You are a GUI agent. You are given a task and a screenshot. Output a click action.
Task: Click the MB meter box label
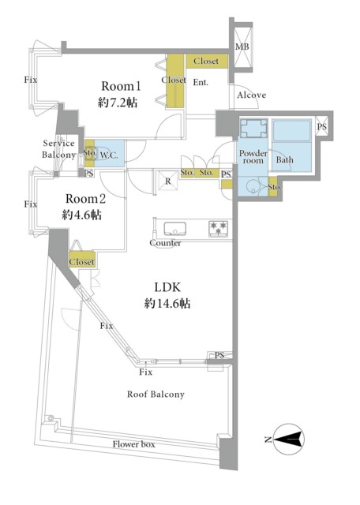242,47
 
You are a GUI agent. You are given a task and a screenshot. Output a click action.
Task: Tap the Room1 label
121,86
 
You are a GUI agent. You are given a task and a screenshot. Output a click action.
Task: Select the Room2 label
85,199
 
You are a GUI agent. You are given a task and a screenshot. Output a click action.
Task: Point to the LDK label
167,287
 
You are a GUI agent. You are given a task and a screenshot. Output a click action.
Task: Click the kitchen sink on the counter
174,229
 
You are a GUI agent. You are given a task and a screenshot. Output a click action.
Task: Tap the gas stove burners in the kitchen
219,228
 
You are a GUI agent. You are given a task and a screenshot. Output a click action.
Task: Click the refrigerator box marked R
167,181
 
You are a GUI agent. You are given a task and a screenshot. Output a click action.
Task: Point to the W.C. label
109,155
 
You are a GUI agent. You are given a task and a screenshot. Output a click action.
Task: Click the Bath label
284,159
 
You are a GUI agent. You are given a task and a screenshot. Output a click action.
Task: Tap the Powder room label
253,156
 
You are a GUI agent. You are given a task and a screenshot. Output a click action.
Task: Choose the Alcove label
252,95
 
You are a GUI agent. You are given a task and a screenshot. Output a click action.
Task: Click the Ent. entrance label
201,82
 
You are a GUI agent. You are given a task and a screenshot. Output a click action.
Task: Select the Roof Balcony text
156,395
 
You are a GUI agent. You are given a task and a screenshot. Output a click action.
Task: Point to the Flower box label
133,444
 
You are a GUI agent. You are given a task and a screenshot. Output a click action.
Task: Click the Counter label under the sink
165,243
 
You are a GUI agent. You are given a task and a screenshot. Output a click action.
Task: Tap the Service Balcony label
58,149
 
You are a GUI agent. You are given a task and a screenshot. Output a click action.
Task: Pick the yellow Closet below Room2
82,260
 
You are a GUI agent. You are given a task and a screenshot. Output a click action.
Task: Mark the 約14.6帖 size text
167,303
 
